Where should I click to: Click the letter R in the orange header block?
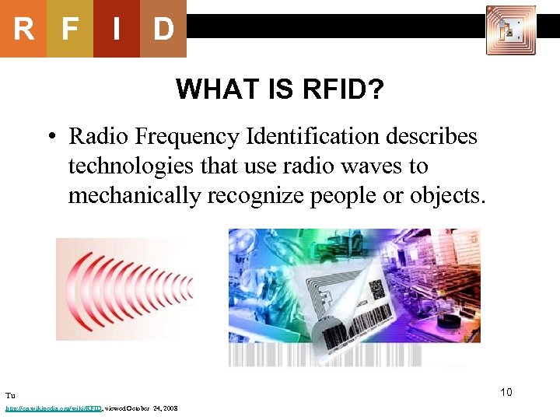click(x=23, y=30)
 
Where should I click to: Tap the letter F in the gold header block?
click(x=70, y=30)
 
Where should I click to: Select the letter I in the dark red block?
click(x=116, y=30)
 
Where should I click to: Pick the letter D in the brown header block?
click(x=163, y=30)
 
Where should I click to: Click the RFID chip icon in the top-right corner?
click(x=511, y=30)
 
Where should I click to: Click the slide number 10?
click(x=506, y=392)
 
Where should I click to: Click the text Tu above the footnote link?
click(x=9, y=396)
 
